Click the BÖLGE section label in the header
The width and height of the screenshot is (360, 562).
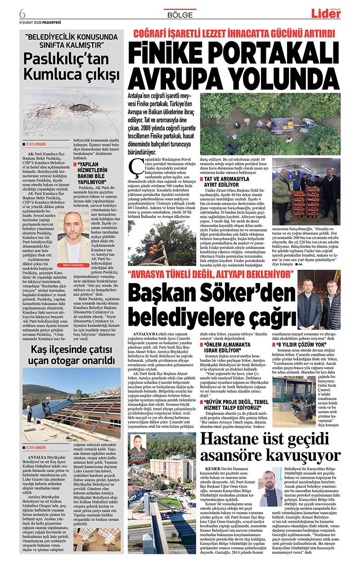point(180,15)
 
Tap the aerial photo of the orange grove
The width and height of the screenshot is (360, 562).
point(270,124)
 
